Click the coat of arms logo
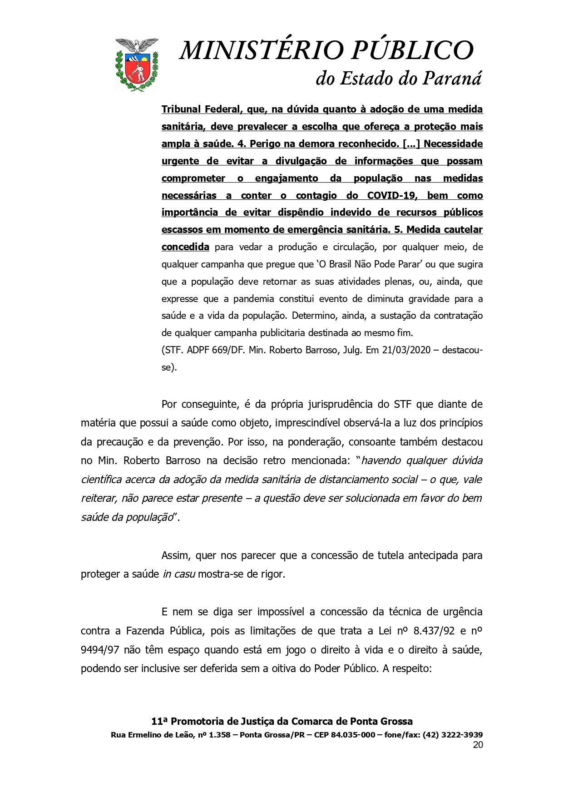137,64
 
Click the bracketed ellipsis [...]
410,144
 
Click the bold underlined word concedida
185,247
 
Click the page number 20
477,745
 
